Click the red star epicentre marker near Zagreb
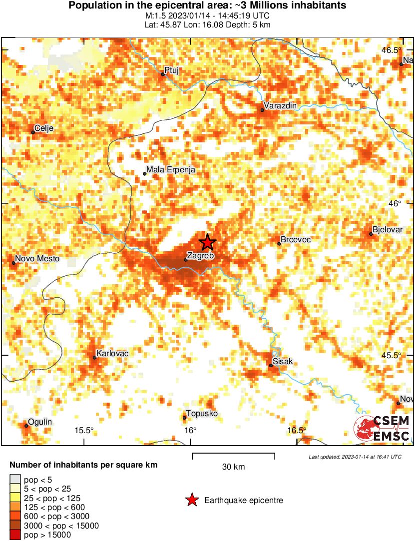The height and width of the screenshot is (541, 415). [x=207, y=242]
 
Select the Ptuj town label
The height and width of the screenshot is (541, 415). [x=171, y=70]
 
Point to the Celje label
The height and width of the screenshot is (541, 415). [x=44, y=128]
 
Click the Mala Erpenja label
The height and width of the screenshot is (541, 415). [x=171, y=170]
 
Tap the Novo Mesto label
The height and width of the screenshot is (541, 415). [x=37, y=259]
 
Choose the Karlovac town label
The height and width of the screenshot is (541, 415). [x=112, y=354]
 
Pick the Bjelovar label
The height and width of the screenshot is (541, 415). [x=388, y=230]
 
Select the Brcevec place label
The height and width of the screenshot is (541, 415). [x=296, y=240]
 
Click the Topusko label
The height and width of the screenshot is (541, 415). [x=202, y=414]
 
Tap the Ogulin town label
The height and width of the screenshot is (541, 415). [x=40, y=422]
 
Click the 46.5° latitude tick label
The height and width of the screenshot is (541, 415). [x=392, y=50]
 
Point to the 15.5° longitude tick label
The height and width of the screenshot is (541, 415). [x=84, y=431]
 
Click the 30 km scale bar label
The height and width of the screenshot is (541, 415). [x=233, y=467]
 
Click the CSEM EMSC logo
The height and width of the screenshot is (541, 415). [x=382, y=429]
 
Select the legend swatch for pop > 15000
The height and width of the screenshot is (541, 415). [x=15, y=535]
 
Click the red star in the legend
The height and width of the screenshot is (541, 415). [x=191, y=500]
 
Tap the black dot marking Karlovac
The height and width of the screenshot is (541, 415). [x=94, y=357]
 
